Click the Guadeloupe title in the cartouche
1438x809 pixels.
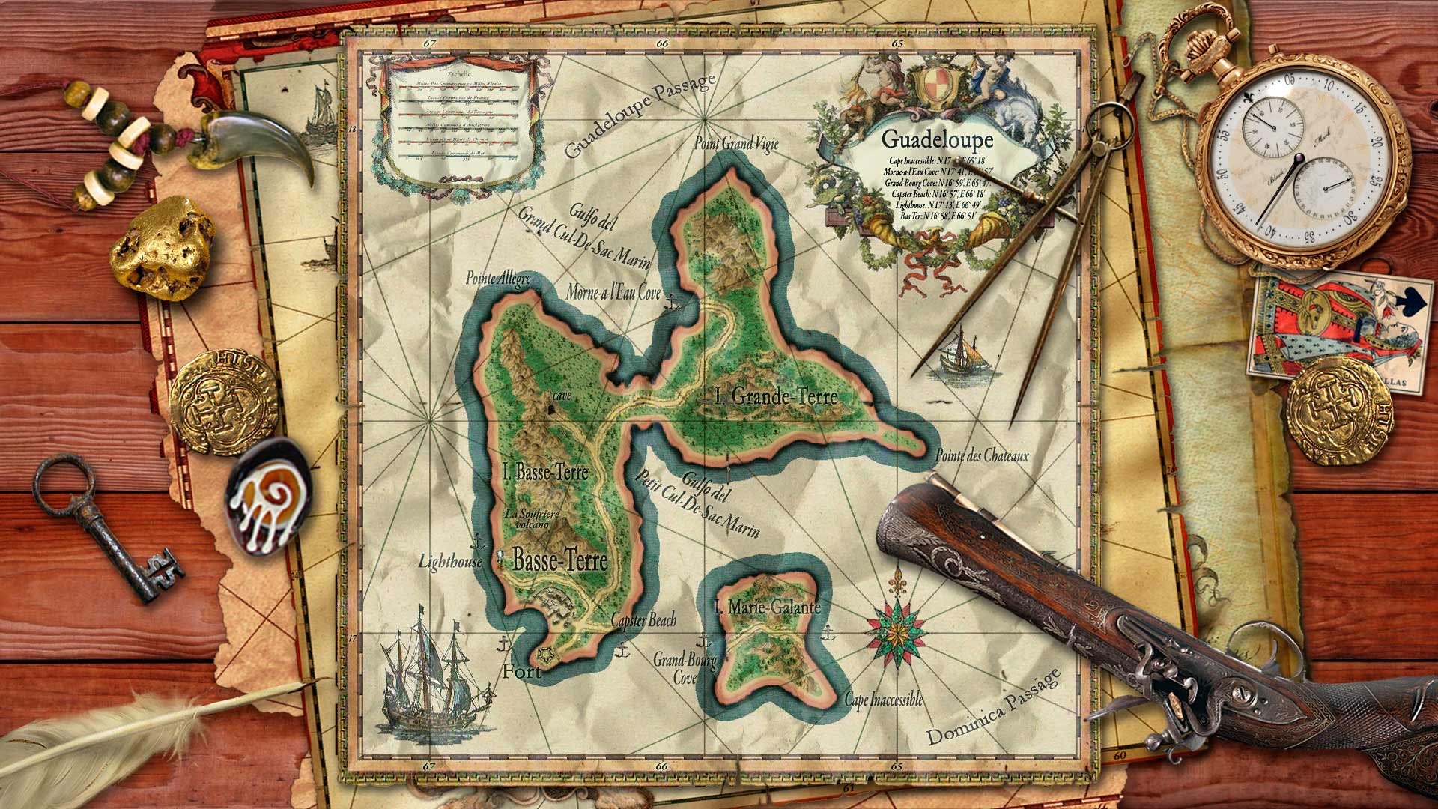click(937, 139)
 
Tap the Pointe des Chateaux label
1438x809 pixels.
click(982, 455)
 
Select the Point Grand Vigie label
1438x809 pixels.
click(736, 143)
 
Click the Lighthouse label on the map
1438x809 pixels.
click(450, 561)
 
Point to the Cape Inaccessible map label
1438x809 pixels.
click(883, 700)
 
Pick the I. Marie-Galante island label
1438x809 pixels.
click(767, 607)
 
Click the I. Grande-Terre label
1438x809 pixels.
click(776, 396)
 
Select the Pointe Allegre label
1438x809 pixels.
click(498, 279)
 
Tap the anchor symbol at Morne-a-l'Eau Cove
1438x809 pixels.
click(672, 302)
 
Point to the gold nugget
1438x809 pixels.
click(161, 247)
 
